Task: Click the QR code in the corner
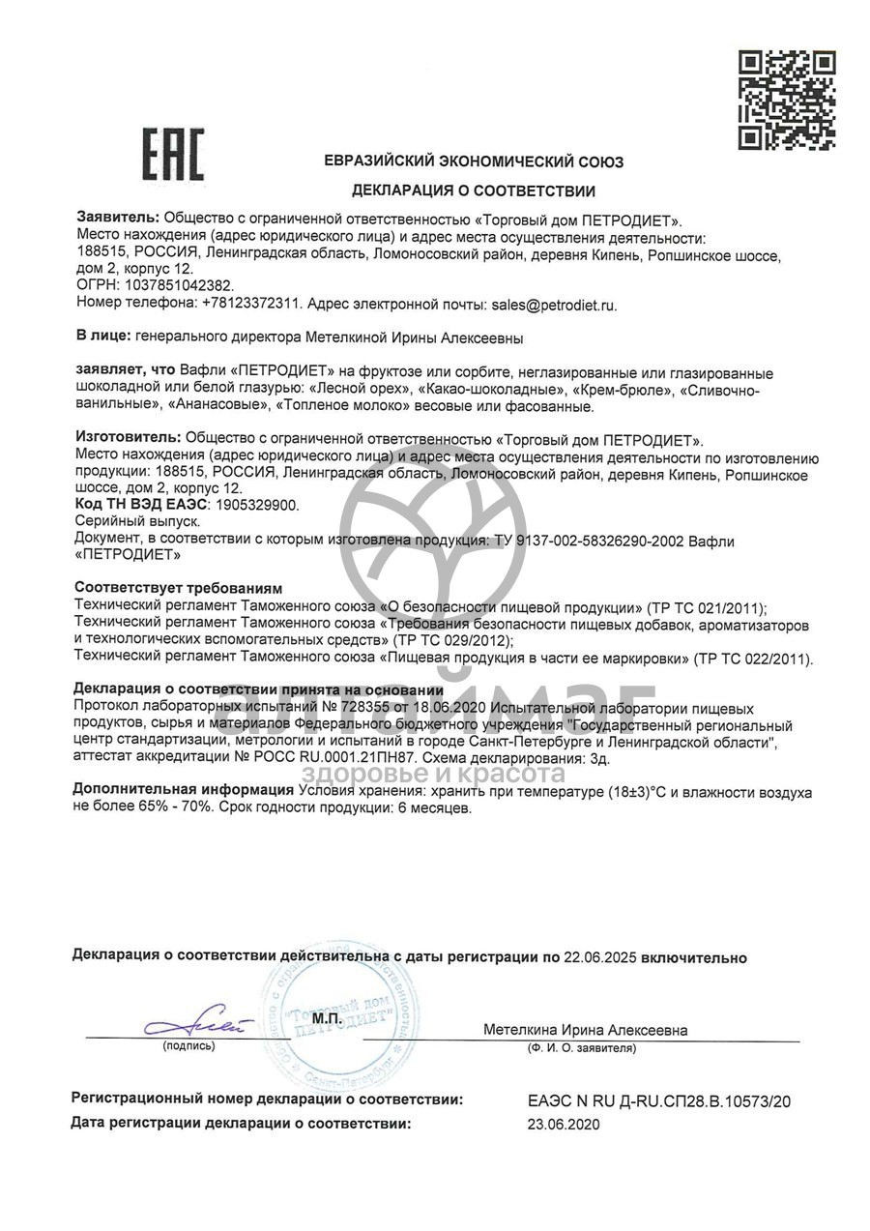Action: [786, 100]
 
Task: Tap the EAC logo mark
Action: [174, 154]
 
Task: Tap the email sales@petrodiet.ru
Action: [553, 304]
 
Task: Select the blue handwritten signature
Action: [193, 1022]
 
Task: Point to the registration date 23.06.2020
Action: [564, 1124]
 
